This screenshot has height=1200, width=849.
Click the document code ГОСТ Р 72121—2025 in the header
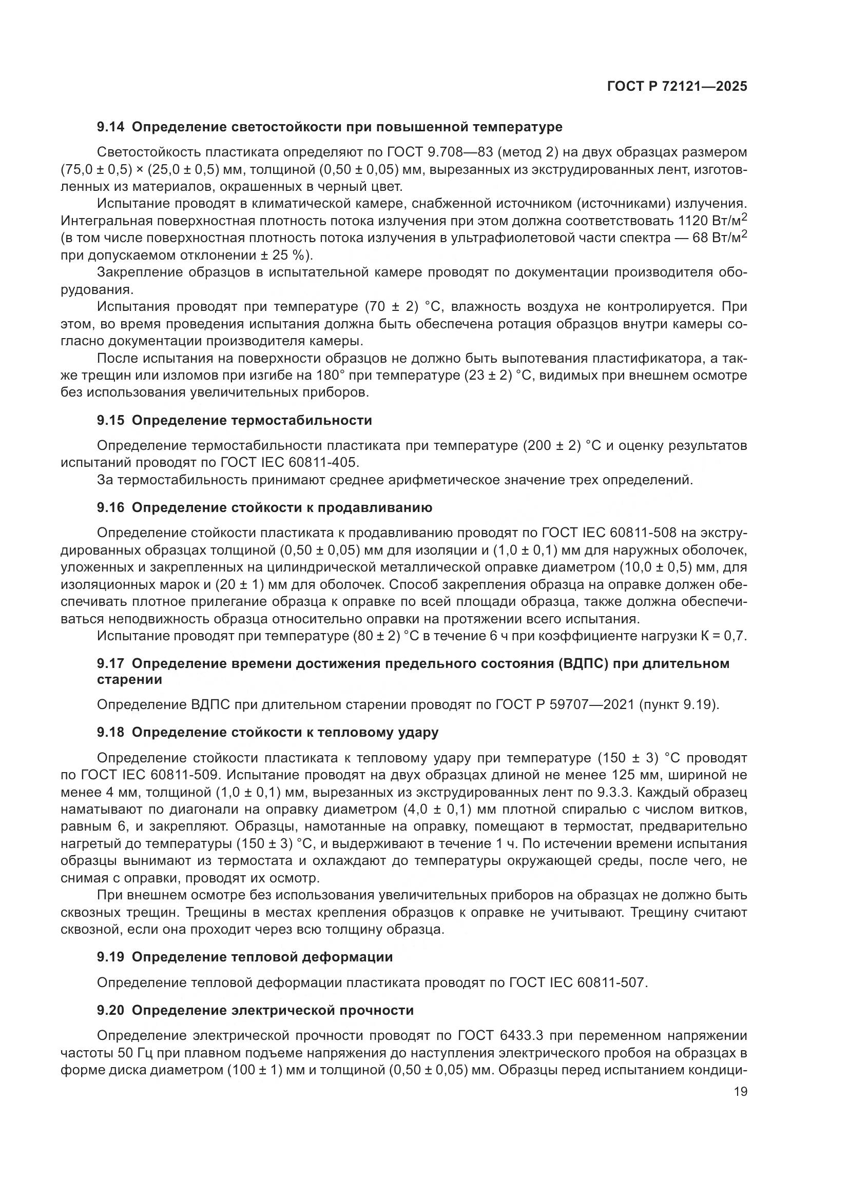tap(677, 87)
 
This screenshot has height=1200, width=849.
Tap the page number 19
tap(740, 1091)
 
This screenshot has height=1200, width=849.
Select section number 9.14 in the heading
tap(111, 127)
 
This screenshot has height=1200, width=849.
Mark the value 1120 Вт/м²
tap(712, 221)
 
